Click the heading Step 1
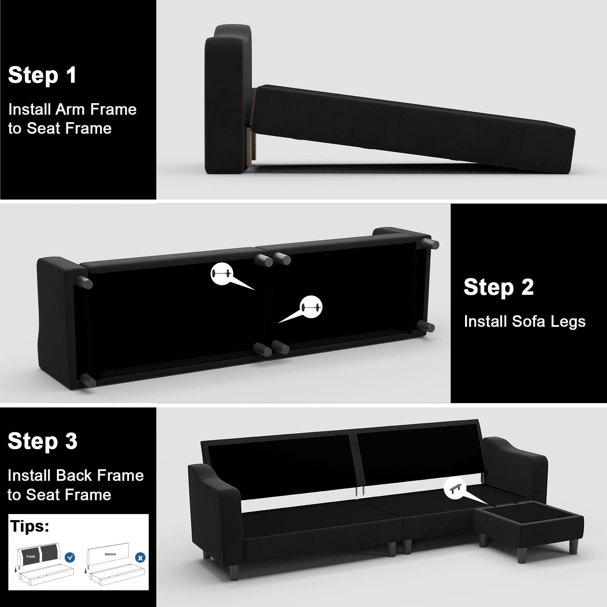42,75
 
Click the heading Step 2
498,287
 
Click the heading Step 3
42,441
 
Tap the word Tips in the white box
30,526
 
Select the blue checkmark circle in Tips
70,557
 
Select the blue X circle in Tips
140,558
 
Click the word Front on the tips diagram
31,557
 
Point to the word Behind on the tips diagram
110,554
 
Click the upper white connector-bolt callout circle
222,273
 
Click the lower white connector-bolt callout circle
311,307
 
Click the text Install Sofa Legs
525,322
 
